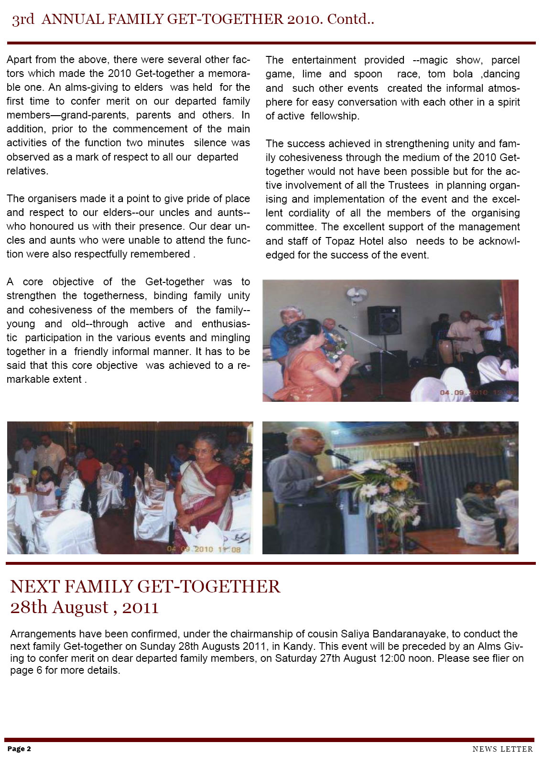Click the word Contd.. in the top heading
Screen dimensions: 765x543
[350, 19]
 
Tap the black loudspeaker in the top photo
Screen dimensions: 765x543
[384, 321]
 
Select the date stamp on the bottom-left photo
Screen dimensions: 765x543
[204, 549]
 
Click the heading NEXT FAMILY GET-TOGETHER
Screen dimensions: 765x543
[145, 586]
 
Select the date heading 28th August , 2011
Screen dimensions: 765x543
[84, 607]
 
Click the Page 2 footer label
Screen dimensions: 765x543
[19, 749]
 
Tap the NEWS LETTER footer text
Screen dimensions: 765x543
[502, 749]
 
